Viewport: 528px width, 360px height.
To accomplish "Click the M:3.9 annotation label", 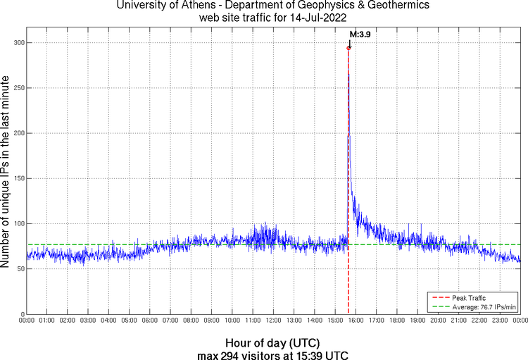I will point(360,34).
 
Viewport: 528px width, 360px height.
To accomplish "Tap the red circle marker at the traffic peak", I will point(348,48).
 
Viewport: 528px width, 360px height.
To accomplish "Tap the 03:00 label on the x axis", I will point(88,321).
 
